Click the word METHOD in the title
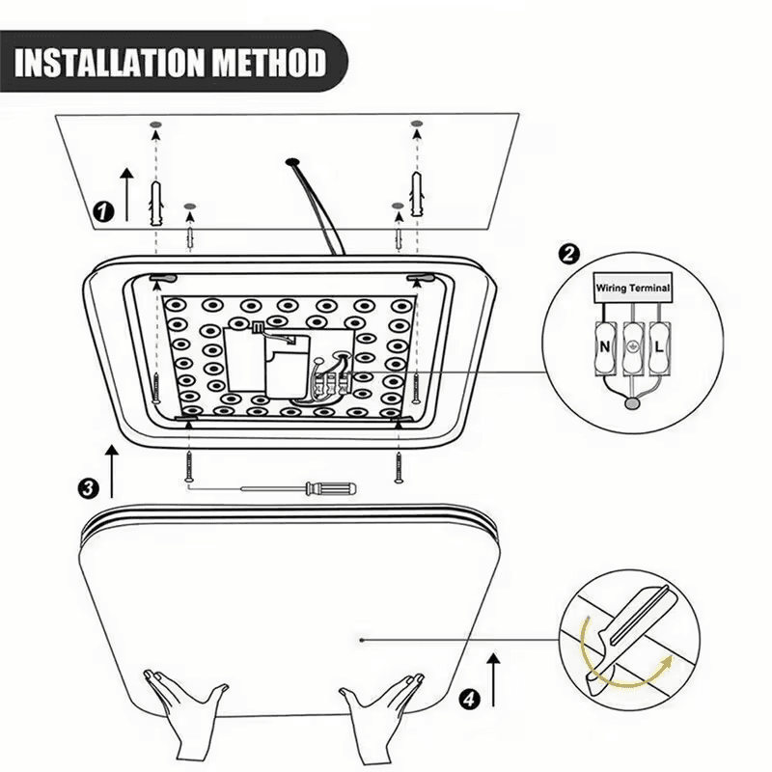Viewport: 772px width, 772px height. pyautogui.click(x=262, y=64)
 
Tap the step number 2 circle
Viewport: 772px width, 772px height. pyautogui.click(x=569, y=255)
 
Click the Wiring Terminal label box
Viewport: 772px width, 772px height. pyautogui.click(x=632, y=288)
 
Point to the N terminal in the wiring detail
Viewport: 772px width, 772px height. pyautogui.click(x=604, y=345)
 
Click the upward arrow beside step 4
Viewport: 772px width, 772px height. pyautogui.click(x=494, y=675)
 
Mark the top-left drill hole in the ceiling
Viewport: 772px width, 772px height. pyautogui.click(x=154, y=126)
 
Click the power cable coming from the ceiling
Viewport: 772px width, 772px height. pyautogui.click(x=314, y=207)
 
